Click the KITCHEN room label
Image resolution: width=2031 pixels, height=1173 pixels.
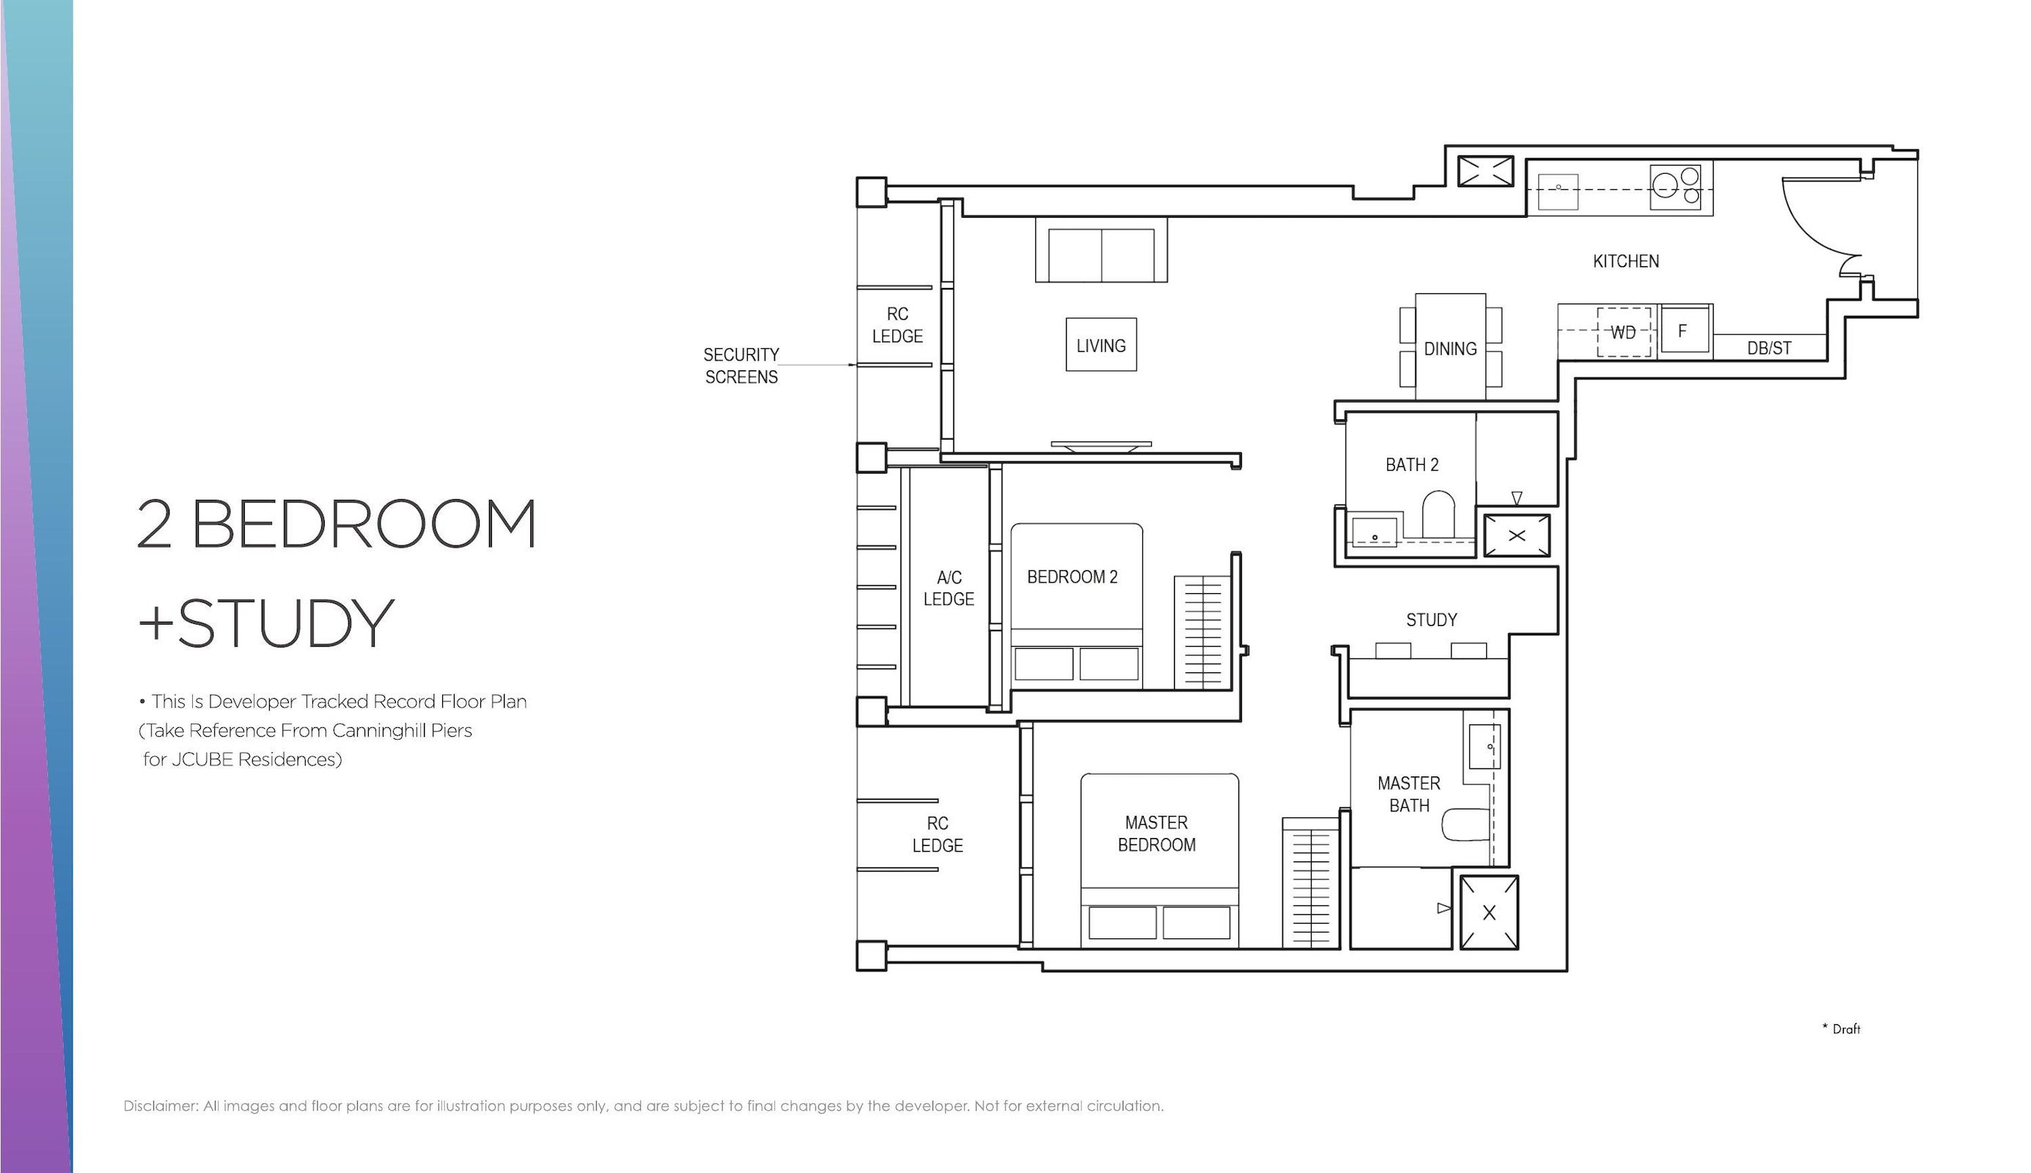coord(1625,261)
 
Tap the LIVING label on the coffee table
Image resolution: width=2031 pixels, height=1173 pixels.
coord(1101,345)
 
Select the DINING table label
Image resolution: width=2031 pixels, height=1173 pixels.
coord(1450,349)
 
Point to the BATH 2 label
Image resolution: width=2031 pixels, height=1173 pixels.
coord(1411,465)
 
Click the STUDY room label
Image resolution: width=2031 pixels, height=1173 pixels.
coord(1430,619)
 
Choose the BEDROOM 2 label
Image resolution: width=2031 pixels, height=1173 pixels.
coord(1071,577)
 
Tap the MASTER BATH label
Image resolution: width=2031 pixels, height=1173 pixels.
coord(1409,795)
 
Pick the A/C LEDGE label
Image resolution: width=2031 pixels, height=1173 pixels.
coord(948,588)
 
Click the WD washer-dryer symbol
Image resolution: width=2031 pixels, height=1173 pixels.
coord(1623,332)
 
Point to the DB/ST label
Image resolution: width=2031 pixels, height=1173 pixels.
coord(1769,348)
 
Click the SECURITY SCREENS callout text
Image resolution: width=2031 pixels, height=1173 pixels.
coord(741,366)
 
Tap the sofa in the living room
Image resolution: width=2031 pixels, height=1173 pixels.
coord(1101,250)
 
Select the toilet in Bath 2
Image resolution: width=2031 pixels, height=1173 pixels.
coord(1437,515)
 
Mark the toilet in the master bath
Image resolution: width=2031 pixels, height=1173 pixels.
coord(1466,825)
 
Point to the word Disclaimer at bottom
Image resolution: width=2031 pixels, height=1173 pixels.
coord(161,1106)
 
